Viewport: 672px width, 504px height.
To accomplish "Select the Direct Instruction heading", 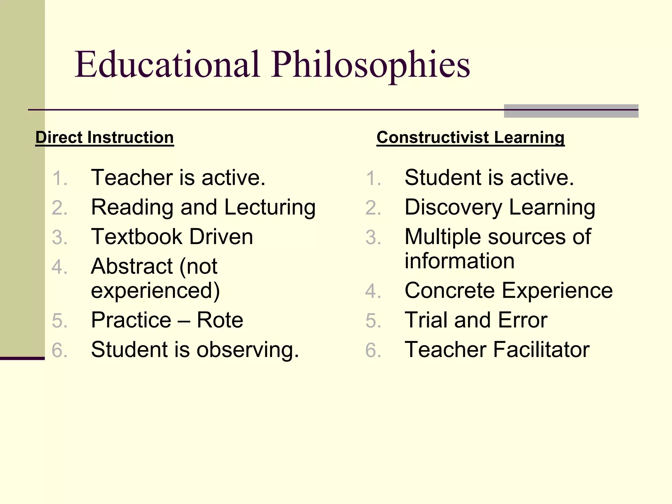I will tap(104, 137).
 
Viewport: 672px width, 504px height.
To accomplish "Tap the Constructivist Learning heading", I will tap(470, 137).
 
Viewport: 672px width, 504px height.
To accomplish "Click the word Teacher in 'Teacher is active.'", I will tap(131, 178).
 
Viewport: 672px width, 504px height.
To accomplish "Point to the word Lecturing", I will tap(270, 207).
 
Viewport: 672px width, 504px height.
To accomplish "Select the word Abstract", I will tap(132, 266).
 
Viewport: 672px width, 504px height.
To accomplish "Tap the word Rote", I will tap(220, 320).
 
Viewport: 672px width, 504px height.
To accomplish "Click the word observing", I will tap(248, 349).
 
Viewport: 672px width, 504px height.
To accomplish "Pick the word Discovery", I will tap(453, 207).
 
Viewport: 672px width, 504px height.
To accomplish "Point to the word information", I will tap(459, 261).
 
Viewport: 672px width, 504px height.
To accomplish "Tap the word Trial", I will tap(426, 320).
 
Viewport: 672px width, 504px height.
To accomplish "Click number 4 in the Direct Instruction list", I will tap(59, 267).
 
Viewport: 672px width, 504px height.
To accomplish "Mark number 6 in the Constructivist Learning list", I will tap(373, 350).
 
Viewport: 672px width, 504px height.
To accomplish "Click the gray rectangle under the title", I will tap(571, 111).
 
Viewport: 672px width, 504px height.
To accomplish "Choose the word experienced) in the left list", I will tap(155, 291).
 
